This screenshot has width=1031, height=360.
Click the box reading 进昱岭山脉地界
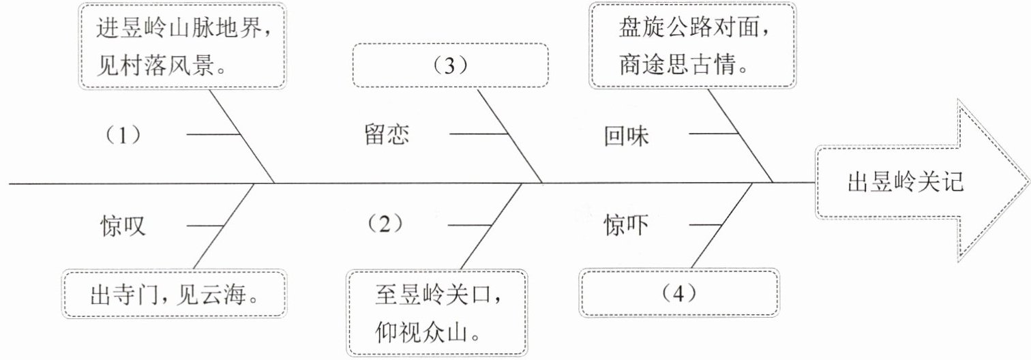(183, 45)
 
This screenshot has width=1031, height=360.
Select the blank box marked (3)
(450, 65)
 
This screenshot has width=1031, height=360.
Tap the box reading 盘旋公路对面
(691, 45)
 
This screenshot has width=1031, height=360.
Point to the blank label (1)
(123, 135)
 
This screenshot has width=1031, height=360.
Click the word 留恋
(387, 135)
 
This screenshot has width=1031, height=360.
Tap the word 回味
(627, 136)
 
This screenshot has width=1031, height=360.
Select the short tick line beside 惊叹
(205, 225)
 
